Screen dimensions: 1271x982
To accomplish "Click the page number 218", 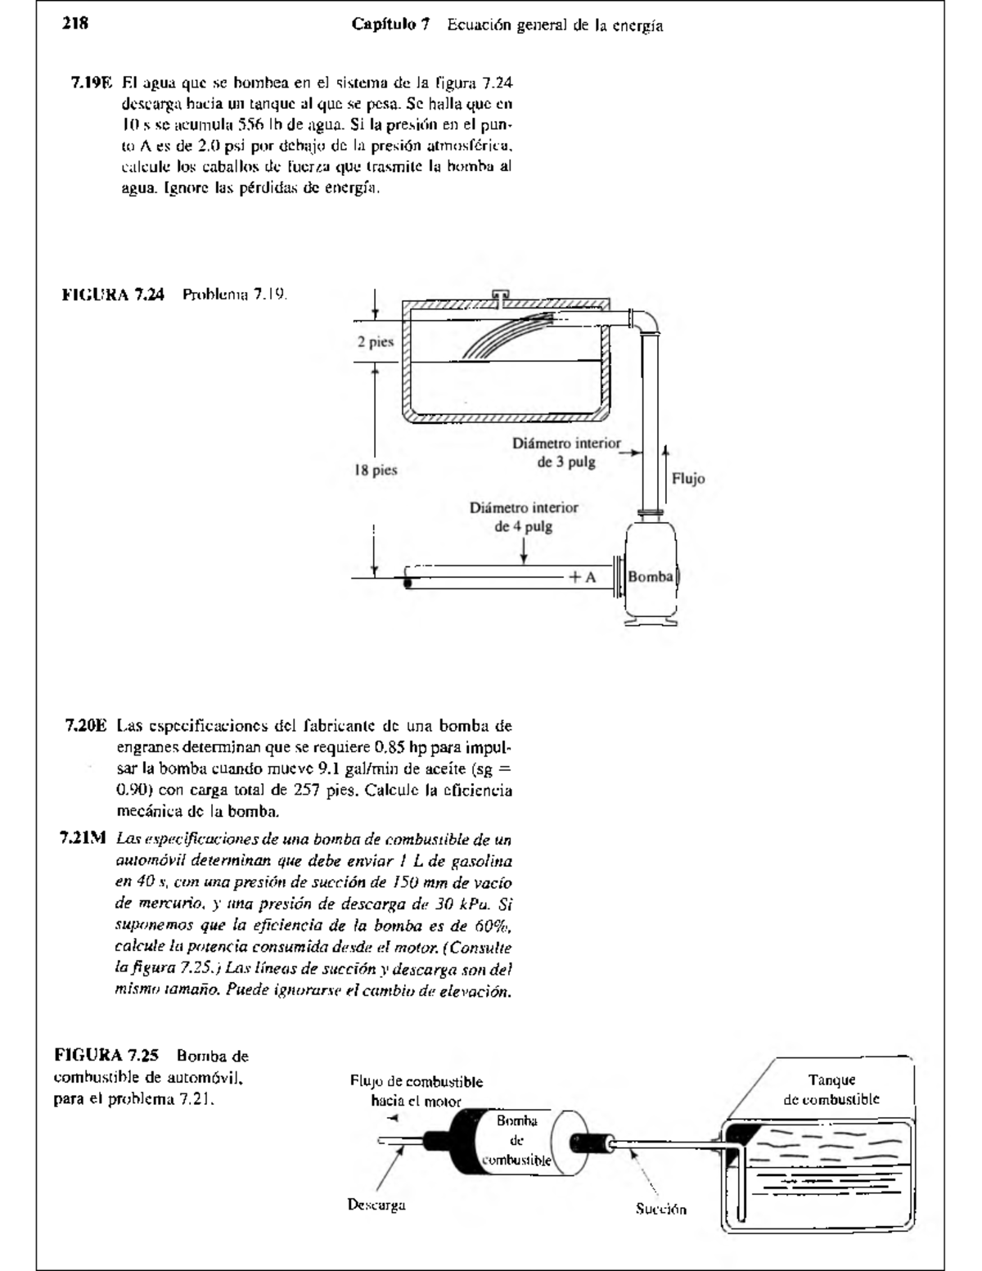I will tap(75, 24).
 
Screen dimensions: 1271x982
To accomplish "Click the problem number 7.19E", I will tap(91, 83).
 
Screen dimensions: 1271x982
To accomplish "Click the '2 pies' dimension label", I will tap(375, 342).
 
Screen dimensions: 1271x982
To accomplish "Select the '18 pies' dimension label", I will tap(376, 471).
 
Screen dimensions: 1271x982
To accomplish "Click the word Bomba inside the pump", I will tap(651, 577).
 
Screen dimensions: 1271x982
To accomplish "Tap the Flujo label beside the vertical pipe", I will tap(688, 479).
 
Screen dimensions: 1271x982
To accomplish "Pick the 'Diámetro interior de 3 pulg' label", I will tap(566, 453).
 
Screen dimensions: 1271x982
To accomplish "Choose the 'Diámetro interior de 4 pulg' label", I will tap(524, 516).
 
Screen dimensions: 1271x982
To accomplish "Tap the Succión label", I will tap(661, 1209).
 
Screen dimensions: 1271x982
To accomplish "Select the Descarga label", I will tap(376, 1205).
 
